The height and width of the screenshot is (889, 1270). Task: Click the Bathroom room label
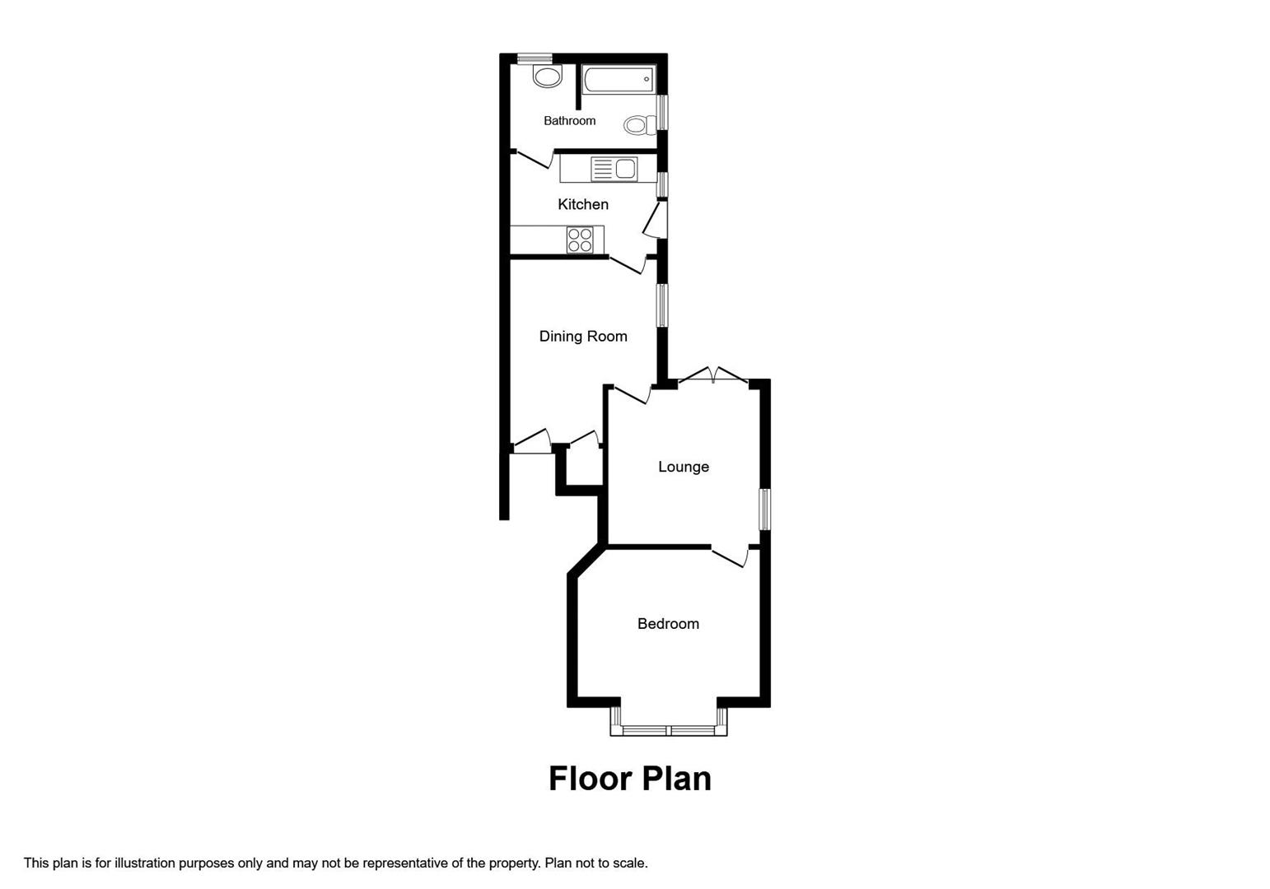[569, 121]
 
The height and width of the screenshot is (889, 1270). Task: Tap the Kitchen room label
[583, 204]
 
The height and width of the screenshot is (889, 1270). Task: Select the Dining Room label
[583, 336]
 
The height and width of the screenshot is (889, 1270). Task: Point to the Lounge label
[683, 467]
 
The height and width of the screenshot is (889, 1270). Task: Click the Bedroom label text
[668, 624]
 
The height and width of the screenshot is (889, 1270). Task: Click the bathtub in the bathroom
[618, 80]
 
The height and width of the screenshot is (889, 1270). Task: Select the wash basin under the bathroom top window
[546, 77]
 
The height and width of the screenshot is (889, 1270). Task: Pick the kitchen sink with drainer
[614, 169]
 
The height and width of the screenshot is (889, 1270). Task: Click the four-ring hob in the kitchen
[580, 240]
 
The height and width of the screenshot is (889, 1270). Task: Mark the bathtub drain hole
[647, 80]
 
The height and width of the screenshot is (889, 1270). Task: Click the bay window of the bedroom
[669, 729]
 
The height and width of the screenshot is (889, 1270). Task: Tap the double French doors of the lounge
[713, 376]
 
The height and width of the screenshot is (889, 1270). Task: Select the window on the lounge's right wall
[765, 510]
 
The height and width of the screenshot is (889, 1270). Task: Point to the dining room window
[661, 305]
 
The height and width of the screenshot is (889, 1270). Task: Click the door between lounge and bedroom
[730, 556]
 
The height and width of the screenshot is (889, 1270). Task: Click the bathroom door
[534, 159]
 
